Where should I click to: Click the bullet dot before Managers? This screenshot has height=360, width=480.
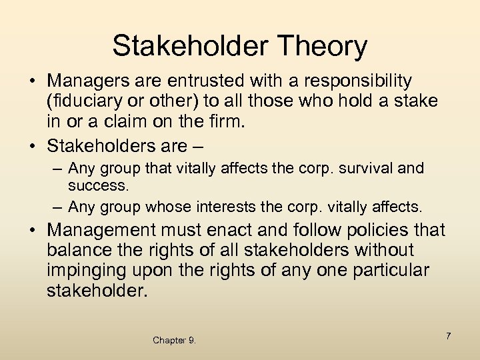[x=32, y=81]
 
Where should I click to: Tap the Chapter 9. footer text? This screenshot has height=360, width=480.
[x=174, y=341]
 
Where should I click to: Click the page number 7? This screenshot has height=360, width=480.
[x=449, y=336]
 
